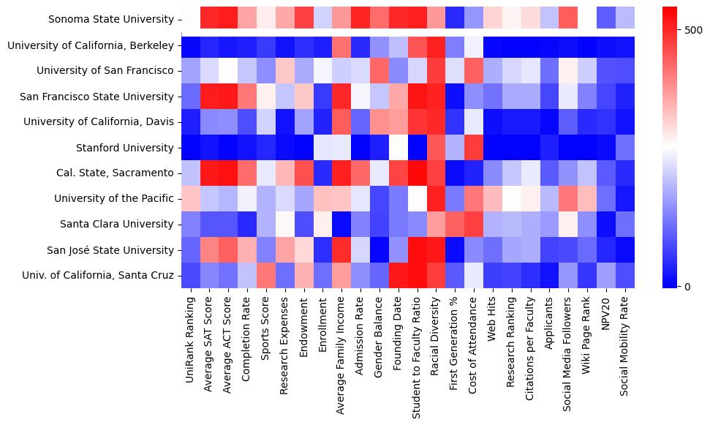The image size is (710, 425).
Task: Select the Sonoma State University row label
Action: [111, 20]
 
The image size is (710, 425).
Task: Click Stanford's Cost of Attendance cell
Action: [475, 148]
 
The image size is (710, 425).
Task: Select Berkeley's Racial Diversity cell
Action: [437, 46]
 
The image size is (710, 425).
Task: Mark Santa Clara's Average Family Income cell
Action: [341, 224]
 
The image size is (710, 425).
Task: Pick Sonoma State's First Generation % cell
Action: [456, 20]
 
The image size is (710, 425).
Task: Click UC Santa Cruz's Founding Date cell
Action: [399, 275]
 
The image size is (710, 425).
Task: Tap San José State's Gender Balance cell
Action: [379, 249]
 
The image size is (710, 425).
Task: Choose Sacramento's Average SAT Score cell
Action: [210, 173]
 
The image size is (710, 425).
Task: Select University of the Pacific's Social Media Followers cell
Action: [570, 198]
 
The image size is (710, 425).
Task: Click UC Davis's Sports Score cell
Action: [267, 122]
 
